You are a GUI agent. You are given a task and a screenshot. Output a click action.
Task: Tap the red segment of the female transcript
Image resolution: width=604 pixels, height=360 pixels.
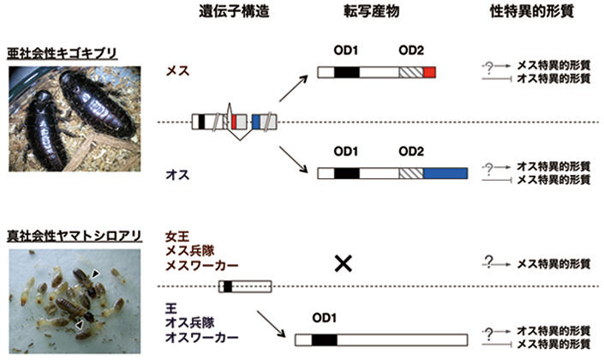[429, 73]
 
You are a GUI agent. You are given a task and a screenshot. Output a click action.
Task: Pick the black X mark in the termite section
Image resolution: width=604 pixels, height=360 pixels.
[342, 264]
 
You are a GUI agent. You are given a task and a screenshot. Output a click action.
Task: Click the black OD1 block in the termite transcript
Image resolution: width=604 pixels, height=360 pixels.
[324, 340]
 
